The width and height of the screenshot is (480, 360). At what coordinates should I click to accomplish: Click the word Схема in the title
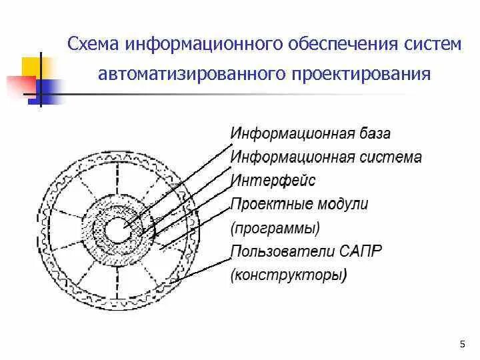point(94,44)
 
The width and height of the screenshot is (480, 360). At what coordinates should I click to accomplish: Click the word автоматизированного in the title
point(190,72)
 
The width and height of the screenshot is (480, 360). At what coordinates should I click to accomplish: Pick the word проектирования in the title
point(360,72)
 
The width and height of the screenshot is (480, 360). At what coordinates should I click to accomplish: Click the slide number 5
point(463,343)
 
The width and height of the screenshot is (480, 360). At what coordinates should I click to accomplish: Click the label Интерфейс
point(273,180)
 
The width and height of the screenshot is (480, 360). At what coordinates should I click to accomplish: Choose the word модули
point(344,204)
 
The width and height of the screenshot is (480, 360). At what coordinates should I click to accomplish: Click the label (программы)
point(275,228)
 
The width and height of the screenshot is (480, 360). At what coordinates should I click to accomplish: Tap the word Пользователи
point(279,251)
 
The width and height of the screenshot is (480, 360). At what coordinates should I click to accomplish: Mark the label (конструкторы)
point(288,275)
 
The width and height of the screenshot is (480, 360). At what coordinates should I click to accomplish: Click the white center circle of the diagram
point(121,232)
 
